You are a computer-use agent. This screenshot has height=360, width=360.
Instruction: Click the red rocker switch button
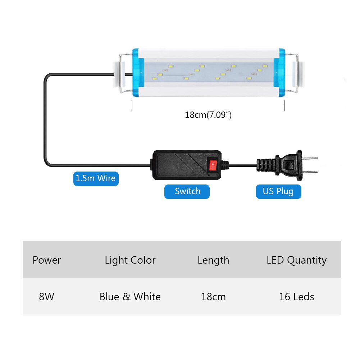click(213, 166)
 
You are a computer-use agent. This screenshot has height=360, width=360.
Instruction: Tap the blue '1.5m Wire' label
click(96, 178)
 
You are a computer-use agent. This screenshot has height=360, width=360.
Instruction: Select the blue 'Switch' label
click(187, 191)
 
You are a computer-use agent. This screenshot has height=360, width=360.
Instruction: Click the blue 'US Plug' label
click(278, 191)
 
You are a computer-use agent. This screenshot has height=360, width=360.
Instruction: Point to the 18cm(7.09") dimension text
click(208, 115)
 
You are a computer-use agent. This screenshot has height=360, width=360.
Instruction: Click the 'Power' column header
click(47, 260)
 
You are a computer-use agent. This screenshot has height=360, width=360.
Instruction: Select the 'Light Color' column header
click(130, 260)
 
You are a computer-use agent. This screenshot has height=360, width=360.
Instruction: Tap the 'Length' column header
click(213, 260)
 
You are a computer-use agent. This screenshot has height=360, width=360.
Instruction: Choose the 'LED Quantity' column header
click(297, 260)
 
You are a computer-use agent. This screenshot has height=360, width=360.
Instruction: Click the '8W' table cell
click(47, 297)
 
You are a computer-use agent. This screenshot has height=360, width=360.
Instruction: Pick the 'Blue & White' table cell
click(130, 297)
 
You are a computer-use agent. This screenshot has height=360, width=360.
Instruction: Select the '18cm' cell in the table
click(213, 297)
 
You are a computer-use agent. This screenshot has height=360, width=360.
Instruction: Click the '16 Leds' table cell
click(297, 297)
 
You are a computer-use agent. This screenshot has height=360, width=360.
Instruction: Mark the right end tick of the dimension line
click(284, 106)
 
